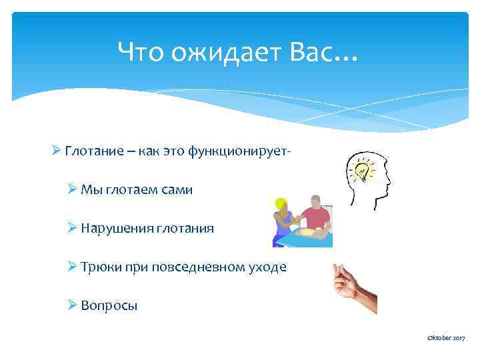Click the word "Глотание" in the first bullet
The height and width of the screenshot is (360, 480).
coord(91,152)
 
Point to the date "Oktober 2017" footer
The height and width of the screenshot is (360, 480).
coord(445,339)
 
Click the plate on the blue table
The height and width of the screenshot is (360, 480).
coord(307,233)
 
